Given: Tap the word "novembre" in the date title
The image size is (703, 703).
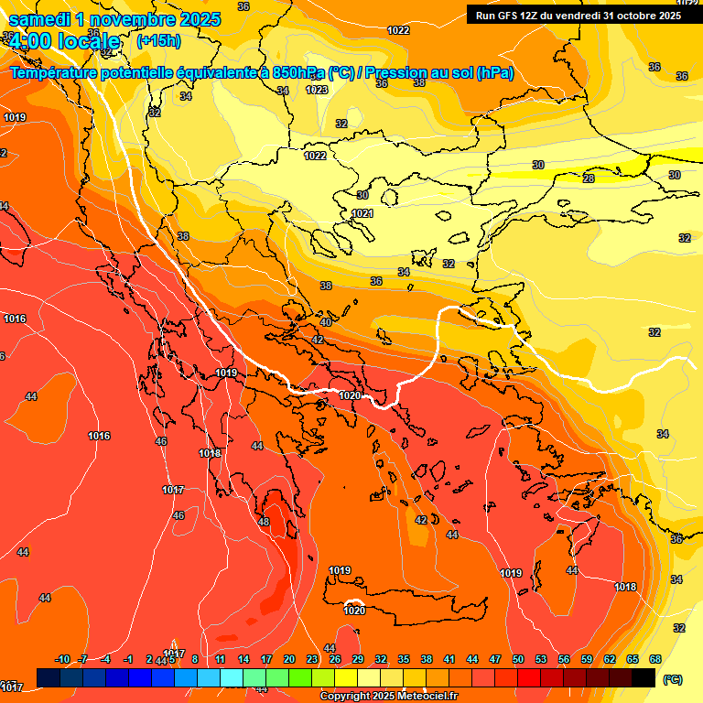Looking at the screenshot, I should click(x=131, y=19).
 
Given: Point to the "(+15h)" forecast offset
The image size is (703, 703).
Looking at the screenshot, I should click(x=158, y=41).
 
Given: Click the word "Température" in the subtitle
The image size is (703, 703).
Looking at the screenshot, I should click(x=57, y=73).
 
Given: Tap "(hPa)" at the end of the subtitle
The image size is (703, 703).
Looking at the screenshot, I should click(x=495, y=73).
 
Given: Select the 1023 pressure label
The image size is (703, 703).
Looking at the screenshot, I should click(x=317, y=90).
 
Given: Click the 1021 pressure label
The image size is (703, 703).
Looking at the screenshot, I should click(x=362, y=213).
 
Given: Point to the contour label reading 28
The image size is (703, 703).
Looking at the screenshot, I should click(x=589, y=178).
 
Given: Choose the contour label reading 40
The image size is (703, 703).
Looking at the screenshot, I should click(x=326, y=322).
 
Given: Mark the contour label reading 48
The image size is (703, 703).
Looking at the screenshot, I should click(x=264, y=522).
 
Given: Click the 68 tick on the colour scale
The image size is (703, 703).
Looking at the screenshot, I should click(x=655, y=659).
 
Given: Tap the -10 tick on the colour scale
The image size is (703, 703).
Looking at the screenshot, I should click(x=62, y=659).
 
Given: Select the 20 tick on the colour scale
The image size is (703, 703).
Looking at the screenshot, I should click(x=289, y=659).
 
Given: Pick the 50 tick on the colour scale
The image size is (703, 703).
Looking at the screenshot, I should click(x=518, y=659).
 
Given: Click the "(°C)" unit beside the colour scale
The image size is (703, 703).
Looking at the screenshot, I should click(x=672, y=678).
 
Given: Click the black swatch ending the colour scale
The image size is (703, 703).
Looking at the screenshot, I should click(x=644, y=677).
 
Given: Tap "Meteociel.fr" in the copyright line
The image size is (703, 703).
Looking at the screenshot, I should click(x=426, y=696).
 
